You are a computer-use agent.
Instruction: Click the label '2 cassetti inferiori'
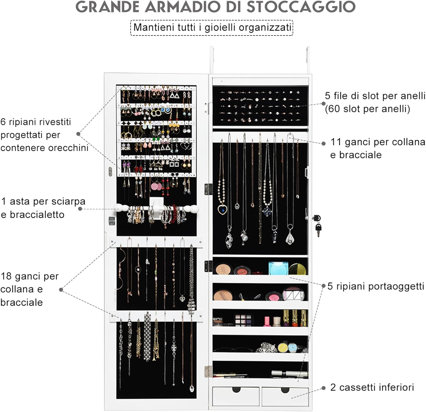372,388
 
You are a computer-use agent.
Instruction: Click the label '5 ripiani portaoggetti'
375,286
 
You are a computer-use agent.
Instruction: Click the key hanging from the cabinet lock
318,229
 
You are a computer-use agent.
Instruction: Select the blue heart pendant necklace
222,210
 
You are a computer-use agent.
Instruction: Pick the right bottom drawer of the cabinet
285,396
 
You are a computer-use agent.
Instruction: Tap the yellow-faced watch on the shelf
283,347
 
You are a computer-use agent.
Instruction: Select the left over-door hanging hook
212,61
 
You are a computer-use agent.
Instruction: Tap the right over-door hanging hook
308,61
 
